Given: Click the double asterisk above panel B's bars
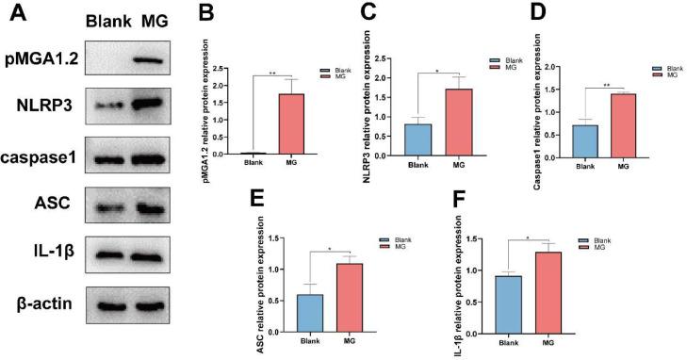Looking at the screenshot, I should pyautogui.click(x=273, y=73).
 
